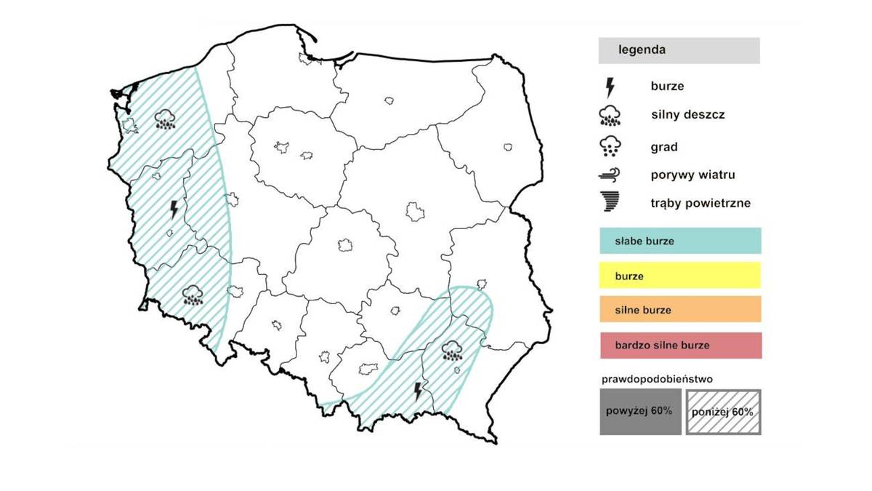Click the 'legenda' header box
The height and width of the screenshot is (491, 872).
point(679,51)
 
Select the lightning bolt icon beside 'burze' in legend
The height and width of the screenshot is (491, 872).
point(610,87)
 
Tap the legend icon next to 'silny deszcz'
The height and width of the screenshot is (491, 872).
point(609,116)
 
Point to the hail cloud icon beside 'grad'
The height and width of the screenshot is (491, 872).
point(609,147)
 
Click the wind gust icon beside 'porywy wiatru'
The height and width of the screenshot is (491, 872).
point(609,175)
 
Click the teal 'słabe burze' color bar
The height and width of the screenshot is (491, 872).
point(680,241)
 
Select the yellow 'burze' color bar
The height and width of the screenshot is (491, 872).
point(680,276)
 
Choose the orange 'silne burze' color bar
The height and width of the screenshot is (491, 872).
point(680,309)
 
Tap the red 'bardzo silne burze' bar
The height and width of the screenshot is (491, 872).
point(680,345)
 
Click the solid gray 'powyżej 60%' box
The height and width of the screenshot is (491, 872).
point(640,412)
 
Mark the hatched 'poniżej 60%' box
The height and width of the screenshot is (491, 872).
point(723,412)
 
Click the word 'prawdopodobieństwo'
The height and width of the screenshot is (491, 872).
point(646,379)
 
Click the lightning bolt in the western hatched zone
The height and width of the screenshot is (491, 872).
point(174,209)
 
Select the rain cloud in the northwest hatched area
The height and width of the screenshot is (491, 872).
point(166,119)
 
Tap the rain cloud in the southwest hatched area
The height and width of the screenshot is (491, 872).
point(192,295)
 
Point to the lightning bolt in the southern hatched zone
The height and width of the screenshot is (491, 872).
point(417,391)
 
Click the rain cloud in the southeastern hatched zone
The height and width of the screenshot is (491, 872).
point(453,351)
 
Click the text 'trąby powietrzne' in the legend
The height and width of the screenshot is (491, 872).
point(701,203)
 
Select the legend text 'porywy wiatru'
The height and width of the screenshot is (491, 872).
point(693,175)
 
